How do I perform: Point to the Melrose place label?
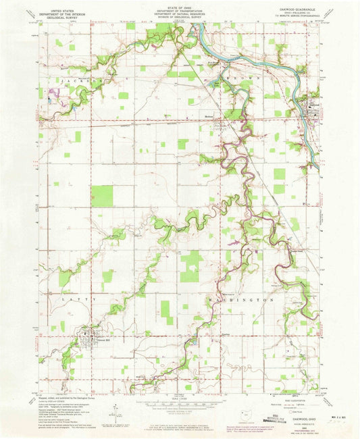pos(209,115)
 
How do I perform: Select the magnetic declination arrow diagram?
pos(119,409)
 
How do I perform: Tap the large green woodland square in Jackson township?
pos(102,196)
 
